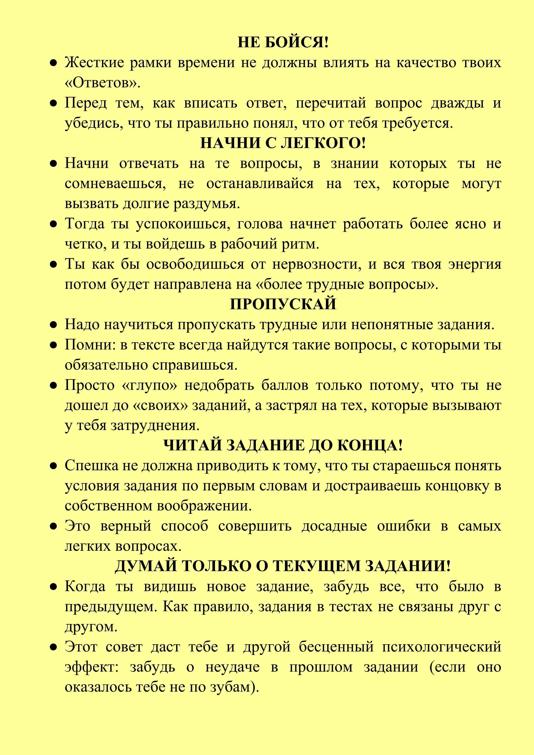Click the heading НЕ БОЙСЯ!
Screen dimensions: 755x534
click(x=283, y=42)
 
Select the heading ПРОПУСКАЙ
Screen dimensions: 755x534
click(x=283, y=304)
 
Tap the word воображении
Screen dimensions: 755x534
click(x=204, y=506)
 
